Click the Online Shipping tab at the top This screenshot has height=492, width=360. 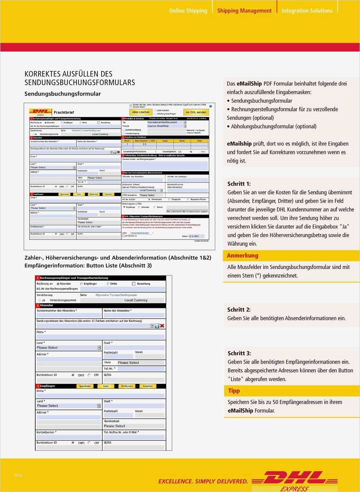[188, 11]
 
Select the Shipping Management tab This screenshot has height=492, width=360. [244, 11]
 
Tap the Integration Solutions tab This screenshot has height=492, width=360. [307, 11]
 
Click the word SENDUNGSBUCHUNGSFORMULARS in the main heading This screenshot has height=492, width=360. [80, 82]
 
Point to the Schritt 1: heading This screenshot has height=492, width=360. [239, 184]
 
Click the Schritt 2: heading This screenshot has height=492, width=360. [239, 310]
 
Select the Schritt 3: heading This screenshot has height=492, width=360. [239, 353]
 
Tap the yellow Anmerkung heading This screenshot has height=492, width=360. [243, 256]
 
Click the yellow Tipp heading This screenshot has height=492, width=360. [234, 391]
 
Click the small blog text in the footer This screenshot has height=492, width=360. [18, 475]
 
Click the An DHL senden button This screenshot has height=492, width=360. [196, 112]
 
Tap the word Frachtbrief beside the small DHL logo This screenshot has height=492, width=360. [64, 112]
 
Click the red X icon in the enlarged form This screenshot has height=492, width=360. [162, 326]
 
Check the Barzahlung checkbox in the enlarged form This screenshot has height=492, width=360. [134, 284]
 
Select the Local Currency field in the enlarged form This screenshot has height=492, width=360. [136, 300]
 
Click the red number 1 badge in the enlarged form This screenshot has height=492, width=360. [37, 278]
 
